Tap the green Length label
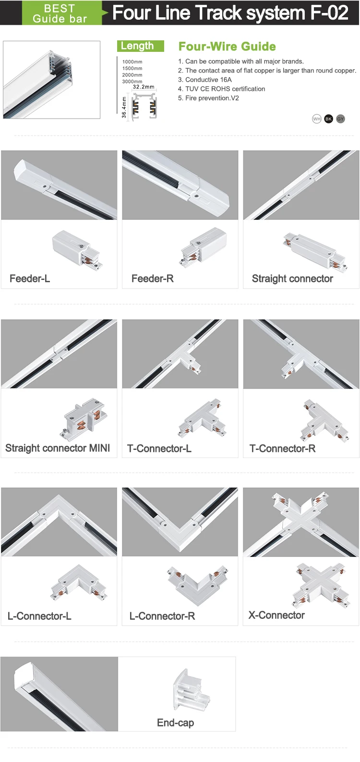coord(140,46)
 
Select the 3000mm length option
coord(132,81)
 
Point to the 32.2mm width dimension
coord(144,87)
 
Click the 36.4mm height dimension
coord(124,108)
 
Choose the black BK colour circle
coord(328,119)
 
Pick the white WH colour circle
coord(316,119)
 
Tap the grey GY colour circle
coord(340,119)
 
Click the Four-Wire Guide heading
coord(227,46)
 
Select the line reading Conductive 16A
coord(204,80)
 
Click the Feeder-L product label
coord(30,278)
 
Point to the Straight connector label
coord(292,278)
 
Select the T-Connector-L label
coord(159,448)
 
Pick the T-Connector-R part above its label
coord(324,421)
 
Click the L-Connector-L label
coord(39,616)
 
